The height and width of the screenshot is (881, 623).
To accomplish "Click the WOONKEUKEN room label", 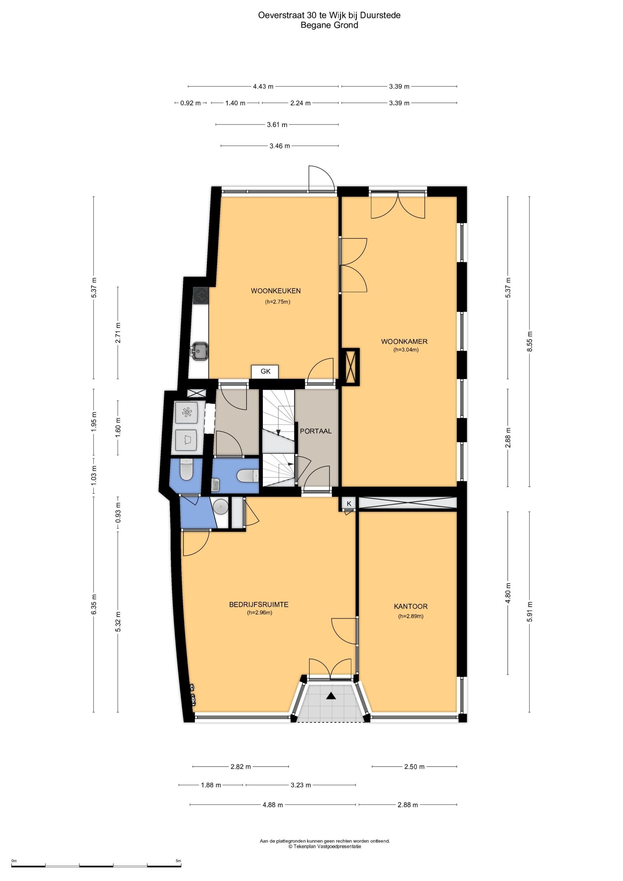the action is (x=276, y=291).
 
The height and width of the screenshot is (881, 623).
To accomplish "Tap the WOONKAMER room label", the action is (x=404, y=341).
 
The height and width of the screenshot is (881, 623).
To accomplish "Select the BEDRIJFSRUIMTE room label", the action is (x=259, y=604).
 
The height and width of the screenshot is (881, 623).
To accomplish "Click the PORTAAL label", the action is (x=316, y=431).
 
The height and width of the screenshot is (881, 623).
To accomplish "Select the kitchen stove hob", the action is (x=200, y=296).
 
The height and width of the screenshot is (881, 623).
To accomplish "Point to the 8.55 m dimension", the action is (x=530, y=341).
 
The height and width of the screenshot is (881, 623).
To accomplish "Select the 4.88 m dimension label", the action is (x=273, y=805).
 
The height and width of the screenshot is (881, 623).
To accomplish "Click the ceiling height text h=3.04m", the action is (x=406, y=350).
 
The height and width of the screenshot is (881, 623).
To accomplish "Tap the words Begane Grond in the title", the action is (x=329, y=25).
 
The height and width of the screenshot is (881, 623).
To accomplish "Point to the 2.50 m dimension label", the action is (x=414, y=767).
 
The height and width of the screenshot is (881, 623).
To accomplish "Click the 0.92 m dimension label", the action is (x=190, y=103).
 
